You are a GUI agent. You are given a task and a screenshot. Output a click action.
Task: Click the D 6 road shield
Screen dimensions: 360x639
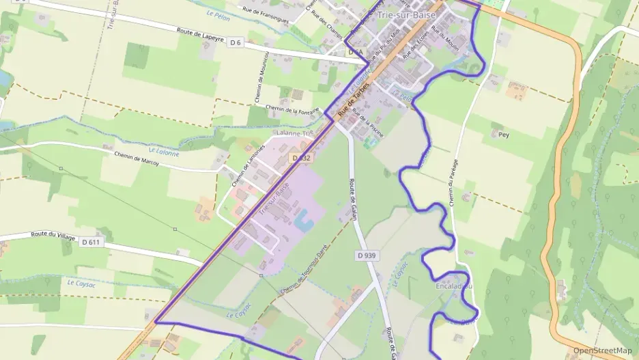pos(236,42)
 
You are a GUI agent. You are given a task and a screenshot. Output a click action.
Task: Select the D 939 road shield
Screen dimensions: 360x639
pos(366,255)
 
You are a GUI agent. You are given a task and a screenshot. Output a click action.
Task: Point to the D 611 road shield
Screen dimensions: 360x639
pos(90,242)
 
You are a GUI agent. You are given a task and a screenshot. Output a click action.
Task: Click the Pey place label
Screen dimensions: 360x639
pos(504,135)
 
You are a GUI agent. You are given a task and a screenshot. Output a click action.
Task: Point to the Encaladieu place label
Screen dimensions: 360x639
pos(453,286)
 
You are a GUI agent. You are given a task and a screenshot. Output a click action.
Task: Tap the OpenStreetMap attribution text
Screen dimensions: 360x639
pos(602,350)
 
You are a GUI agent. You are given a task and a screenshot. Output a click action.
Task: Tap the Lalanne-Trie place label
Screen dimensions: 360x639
pos(292,133)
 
